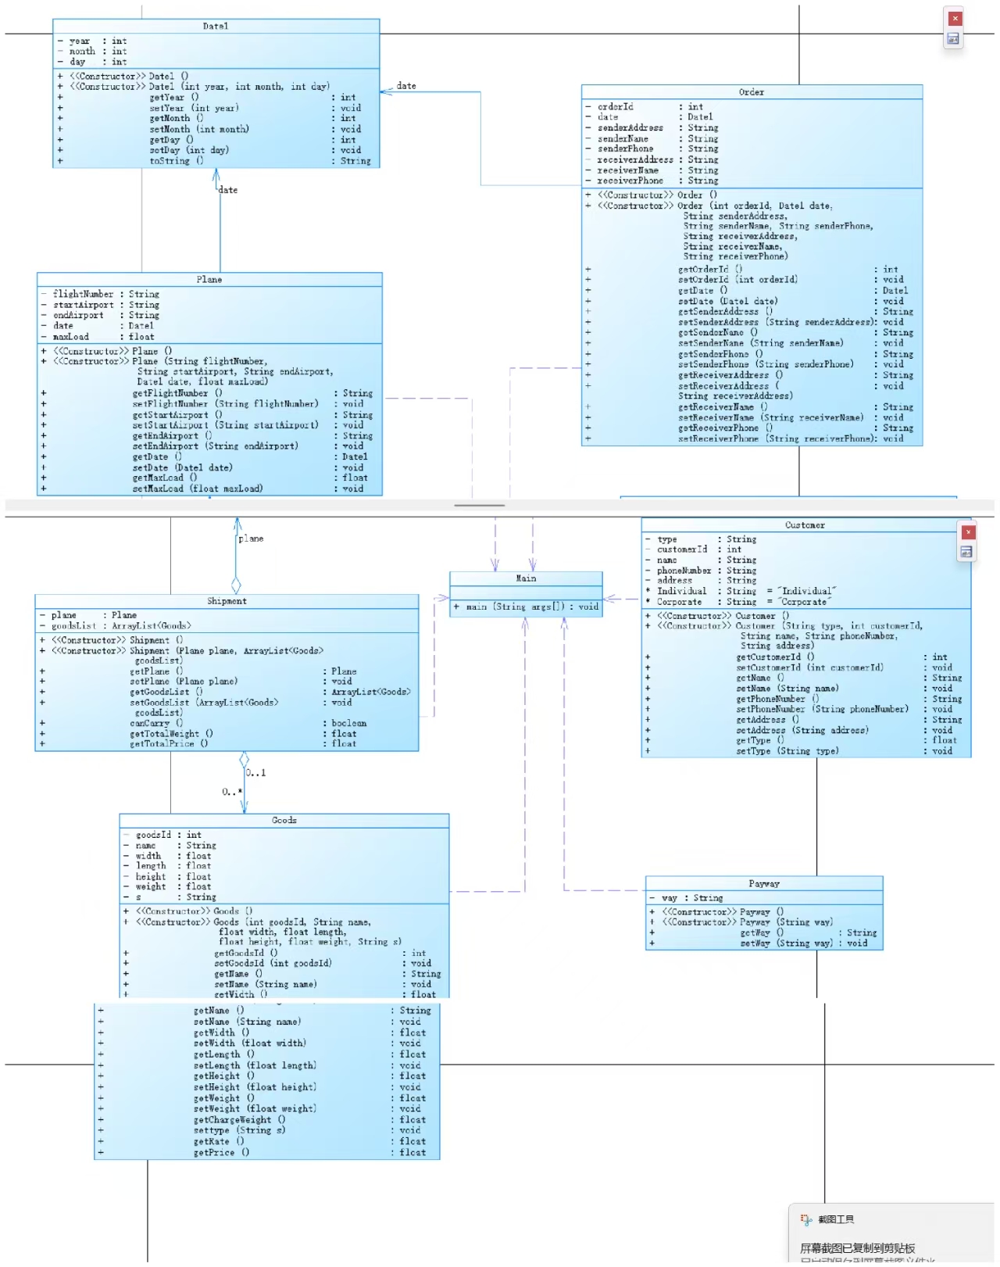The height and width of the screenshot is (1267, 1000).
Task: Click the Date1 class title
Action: point(216,26)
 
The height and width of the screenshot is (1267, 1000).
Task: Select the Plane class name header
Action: point(209,279)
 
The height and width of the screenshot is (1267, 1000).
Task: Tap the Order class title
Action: point(752,92)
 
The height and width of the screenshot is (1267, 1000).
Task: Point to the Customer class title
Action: point(805,525)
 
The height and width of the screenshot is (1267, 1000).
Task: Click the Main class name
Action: point(526,578)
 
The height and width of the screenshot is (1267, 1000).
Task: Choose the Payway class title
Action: point(764,884)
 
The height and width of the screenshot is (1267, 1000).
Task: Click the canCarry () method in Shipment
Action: point(156,723)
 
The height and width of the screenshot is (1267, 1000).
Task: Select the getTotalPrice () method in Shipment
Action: point(169,743)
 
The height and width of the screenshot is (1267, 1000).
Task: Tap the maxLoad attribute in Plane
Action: point(71,337)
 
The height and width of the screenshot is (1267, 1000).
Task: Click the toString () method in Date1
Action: point(177,161)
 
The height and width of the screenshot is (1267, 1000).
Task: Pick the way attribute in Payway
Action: point(670,898)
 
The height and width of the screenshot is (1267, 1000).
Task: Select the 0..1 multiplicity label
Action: point(256,773)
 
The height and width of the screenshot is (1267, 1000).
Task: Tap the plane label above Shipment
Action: point(251,539)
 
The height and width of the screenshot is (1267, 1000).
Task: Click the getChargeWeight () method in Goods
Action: point(239,1119)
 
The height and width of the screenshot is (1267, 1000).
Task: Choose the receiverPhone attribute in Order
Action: point(630,181)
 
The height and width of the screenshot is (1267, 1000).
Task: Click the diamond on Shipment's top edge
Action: point(236,585)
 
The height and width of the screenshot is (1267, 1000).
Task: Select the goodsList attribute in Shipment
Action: point(74,625)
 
